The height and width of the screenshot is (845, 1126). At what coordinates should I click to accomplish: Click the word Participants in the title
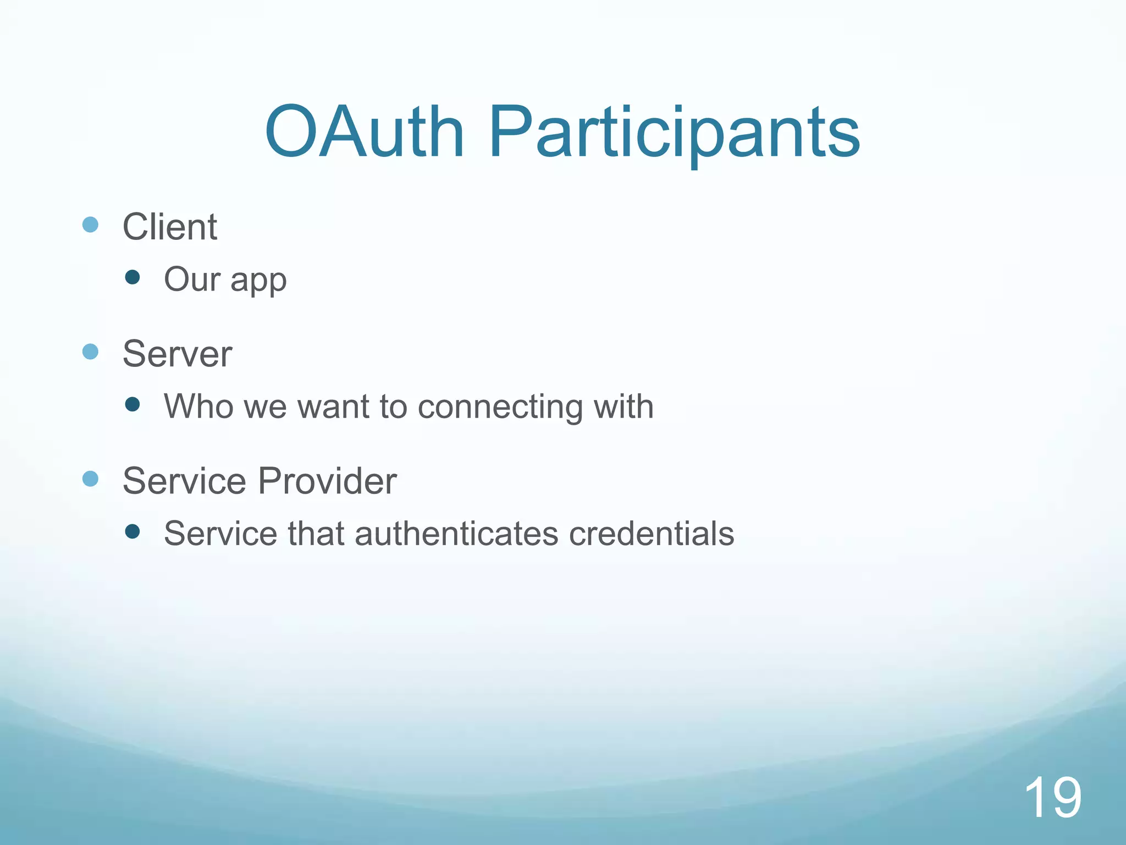point(674,135)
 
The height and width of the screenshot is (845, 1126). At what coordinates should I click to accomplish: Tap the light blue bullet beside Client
point(90,224)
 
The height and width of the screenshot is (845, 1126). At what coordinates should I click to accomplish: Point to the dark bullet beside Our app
point(132,277)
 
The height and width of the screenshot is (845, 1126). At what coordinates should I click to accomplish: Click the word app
point(258,281)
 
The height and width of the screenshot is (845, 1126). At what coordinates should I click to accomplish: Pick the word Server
point(177,353)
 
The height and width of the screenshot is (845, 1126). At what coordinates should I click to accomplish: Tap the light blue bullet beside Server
point(90,352)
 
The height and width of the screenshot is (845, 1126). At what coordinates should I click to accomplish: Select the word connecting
point(500,407)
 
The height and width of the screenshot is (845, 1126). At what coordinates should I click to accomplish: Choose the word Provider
point(327,481)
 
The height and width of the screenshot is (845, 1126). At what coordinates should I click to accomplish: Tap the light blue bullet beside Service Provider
point(90,479)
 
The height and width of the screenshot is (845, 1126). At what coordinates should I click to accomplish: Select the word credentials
point(652,533)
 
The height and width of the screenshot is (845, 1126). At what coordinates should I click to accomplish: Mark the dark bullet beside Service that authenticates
point(132,531)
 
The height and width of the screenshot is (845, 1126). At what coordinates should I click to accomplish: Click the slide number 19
point(1052,797)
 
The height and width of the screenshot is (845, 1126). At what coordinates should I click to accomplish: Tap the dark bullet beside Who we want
point(132,405)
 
